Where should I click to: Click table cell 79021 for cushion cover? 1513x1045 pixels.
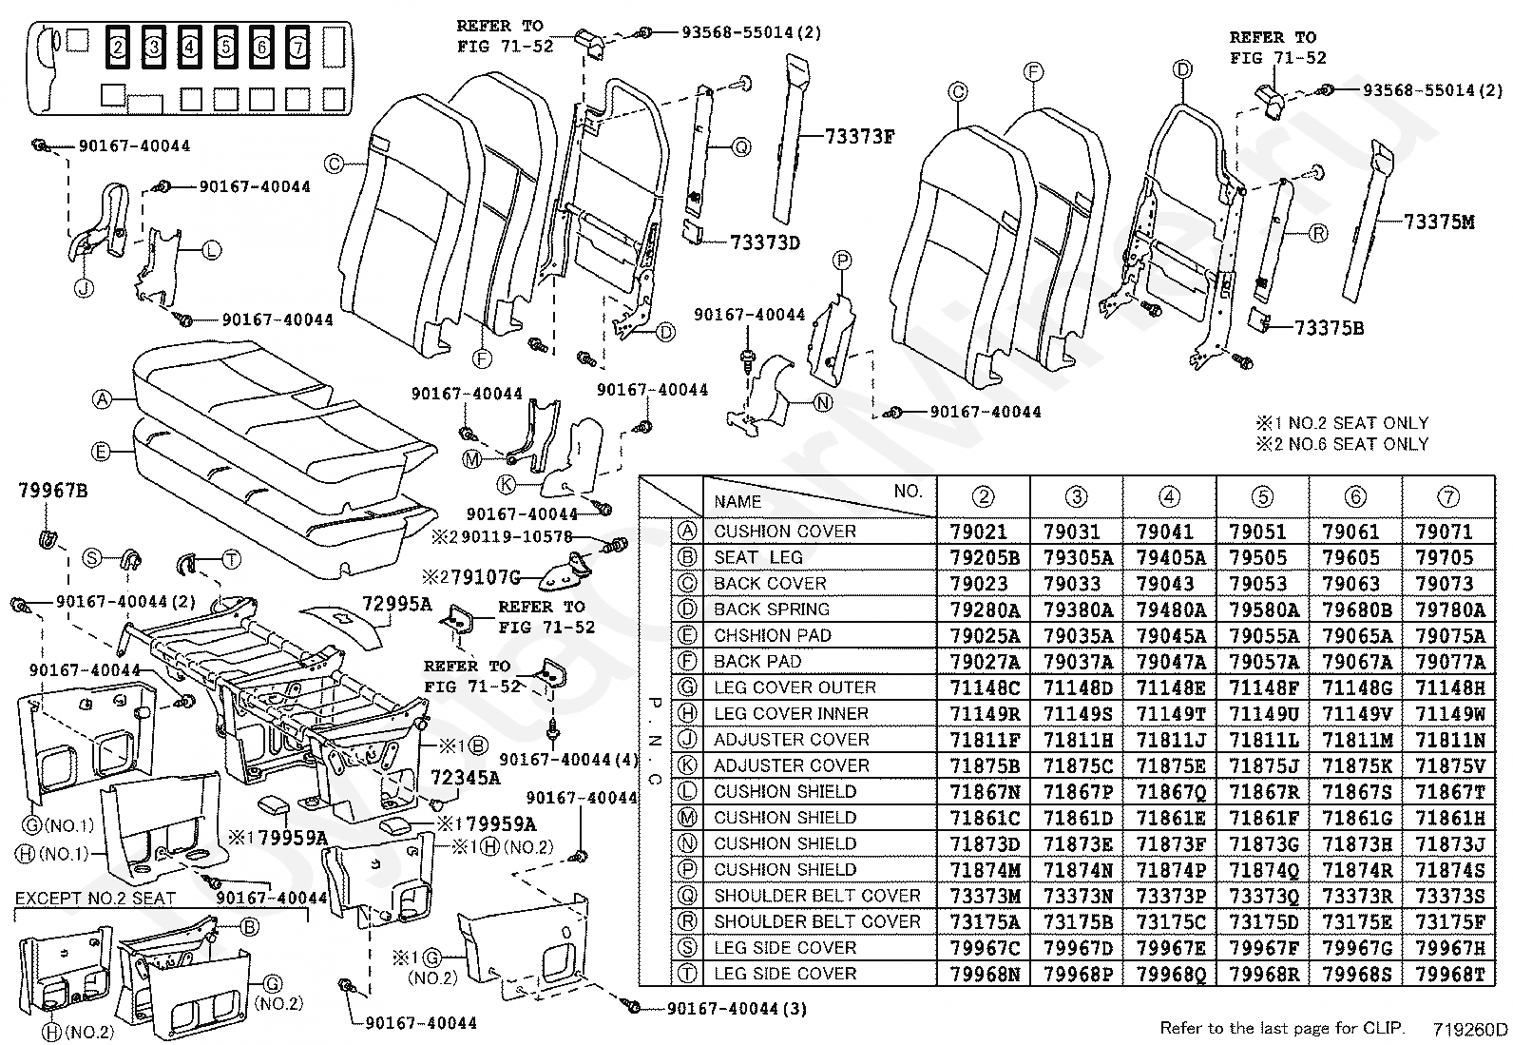(983, 532)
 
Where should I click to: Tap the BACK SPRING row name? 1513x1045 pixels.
(772, 610)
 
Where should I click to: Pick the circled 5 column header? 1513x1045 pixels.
(1262, 496)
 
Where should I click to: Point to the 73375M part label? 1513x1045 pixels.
(1439, 223)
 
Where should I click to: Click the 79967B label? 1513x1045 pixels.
(52, 491)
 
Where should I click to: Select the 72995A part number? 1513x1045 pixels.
(396, 604)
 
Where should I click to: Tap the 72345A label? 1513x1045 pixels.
(465, 777)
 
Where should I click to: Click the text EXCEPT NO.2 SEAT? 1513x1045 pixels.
(95, 898)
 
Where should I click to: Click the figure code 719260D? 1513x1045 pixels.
(1470, 1029)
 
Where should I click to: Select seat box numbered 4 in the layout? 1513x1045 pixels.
(189, 45)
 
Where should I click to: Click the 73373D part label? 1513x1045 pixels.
(765, 242)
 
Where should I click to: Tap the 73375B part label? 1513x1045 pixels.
(1329, 328)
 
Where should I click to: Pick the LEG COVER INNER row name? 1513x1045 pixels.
(791, 713)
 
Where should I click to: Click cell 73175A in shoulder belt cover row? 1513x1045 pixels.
(983, 921)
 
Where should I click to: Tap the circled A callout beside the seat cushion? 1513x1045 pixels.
(102, 399)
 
